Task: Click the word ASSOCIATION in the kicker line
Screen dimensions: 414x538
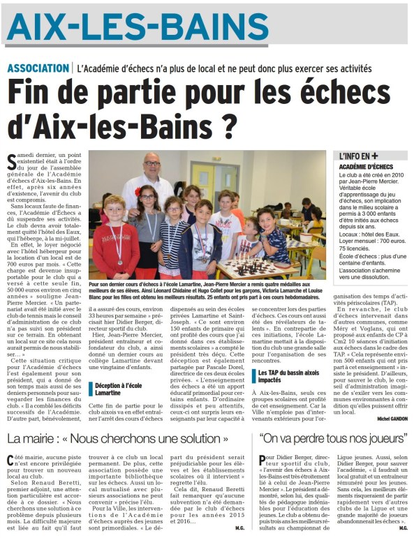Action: coord(38,68)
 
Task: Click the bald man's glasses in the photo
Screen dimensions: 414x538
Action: coord(151,164)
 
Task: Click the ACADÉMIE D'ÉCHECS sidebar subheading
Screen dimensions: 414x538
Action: coord(366,167)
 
